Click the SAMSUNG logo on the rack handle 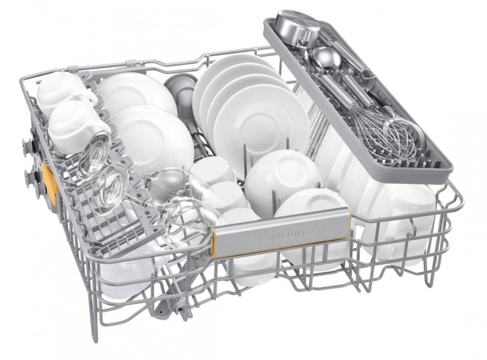tap(283, 236)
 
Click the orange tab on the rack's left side tap(50, 183)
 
